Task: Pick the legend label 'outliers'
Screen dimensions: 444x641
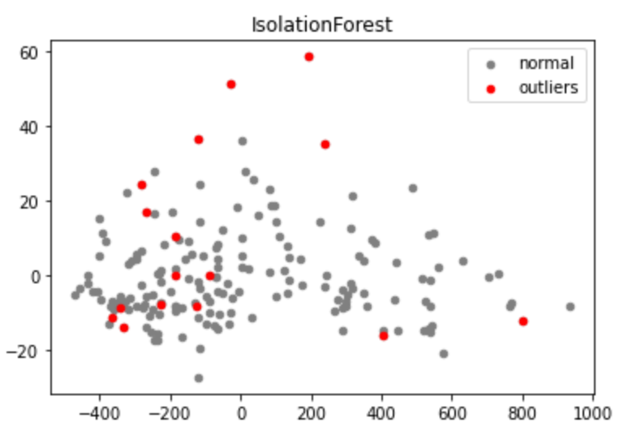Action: pos(549,88)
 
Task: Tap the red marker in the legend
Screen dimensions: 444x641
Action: pos(490,88)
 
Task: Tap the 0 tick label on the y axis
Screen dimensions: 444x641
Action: pos(37,276)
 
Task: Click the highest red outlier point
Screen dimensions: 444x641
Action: pos(309,57)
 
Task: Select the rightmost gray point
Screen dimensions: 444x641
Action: pos(570,307)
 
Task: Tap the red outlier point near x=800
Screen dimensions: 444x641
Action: pos(523,321)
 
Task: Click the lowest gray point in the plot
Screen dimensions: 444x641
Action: pos(199,378)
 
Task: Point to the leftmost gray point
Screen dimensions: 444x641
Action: pos(75,295)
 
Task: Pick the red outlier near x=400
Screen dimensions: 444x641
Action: pos(384,336)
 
